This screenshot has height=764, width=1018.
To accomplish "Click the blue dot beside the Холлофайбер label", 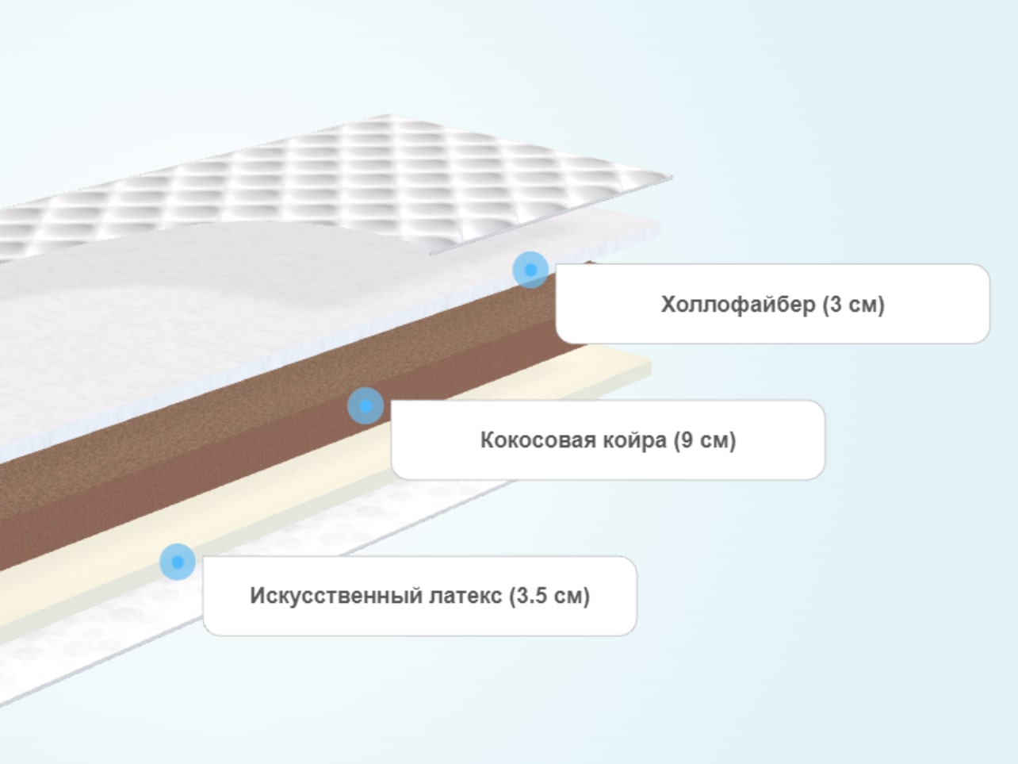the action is click(x=530, y=270).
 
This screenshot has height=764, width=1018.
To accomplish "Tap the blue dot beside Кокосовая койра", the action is click(x=365, y=406).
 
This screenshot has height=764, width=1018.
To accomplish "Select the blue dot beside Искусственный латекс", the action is click(x=177, y=562).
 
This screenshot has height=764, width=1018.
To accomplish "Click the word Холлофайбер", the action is click(x=738, y=305).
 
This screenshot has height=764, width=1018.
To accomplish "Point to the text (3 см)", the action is click(x=853, y=305).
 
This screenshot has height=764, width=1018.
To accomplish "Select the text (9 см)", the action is click(x=705, y=440).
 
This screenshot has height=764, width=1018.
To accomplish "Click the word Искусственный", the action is click(x=336, y=596).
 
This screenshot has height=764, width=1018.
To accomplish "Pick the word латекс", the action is click(x=465, y=596).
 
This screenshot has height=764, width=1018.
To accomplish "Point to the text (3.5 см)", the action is click(x=549, y=596).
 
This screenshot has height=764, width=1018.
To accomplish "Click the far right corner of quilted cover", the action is click(x=672, y=177).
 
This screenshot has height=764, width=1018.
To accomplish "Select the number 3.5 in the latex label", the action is click(x=532, y=596).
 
